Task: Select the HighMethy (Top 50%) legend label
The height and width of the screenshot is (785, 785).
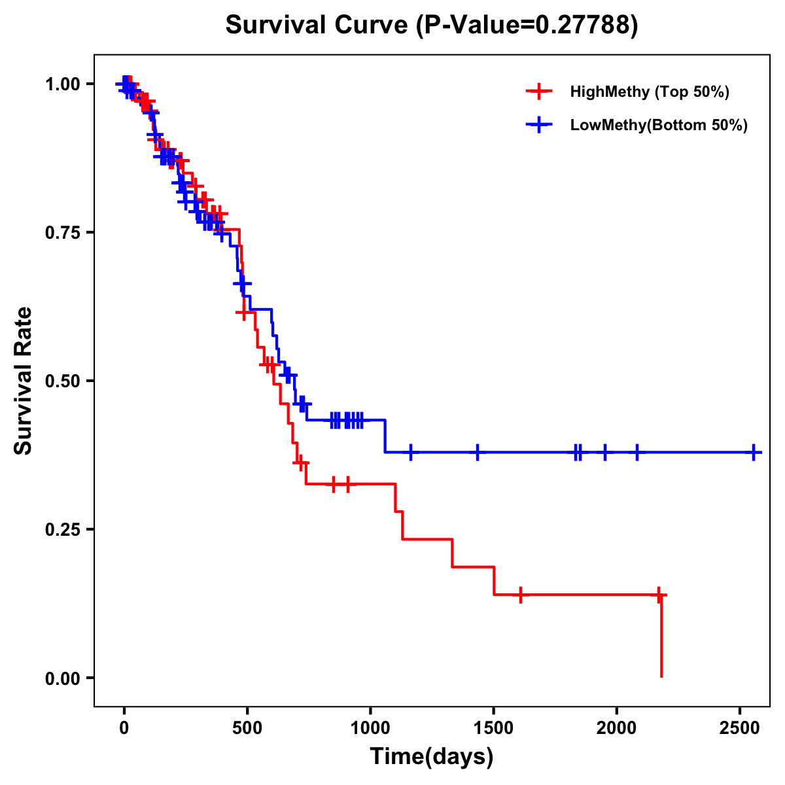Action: [x=650, y=92]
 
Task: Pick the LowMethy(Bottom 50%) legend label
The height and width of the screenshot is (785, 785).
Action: [x=659, y=125]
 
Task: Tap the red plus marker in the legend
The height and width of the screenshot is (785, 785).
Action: [x=539, y=92]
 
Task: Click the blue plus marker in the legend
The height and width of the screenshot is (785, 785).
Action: [x=539, y=125]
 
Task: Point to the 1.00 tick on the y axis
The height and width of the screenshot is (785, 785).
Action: [x=61, y=84]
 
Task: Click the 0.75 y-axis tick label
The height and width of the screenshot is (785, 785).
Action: [x=61, y=232]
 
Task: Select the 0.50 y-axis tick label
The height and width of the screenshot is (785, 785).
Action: [x=61, y=381]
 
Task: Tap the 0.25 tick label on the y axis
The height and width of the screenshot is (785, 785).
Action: [x=61, y=529]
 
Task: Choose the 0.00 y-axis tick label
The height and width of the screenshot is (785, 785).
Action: [x=61, y=678]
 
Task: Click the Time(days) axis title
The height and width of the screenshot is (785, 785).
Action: [x=432, y=757]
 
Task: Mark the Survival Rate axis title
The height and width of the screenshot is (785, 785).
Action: [x=24, y=381]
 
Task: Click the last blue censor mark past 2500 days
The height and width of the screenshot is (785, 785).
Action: [x=754, y=452]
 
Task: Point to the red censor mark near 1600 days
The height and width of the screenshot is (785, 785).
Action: [x=520, y=595]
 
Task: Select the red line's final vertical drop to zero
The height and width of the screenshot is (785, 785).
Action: [x=661, y=638]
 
